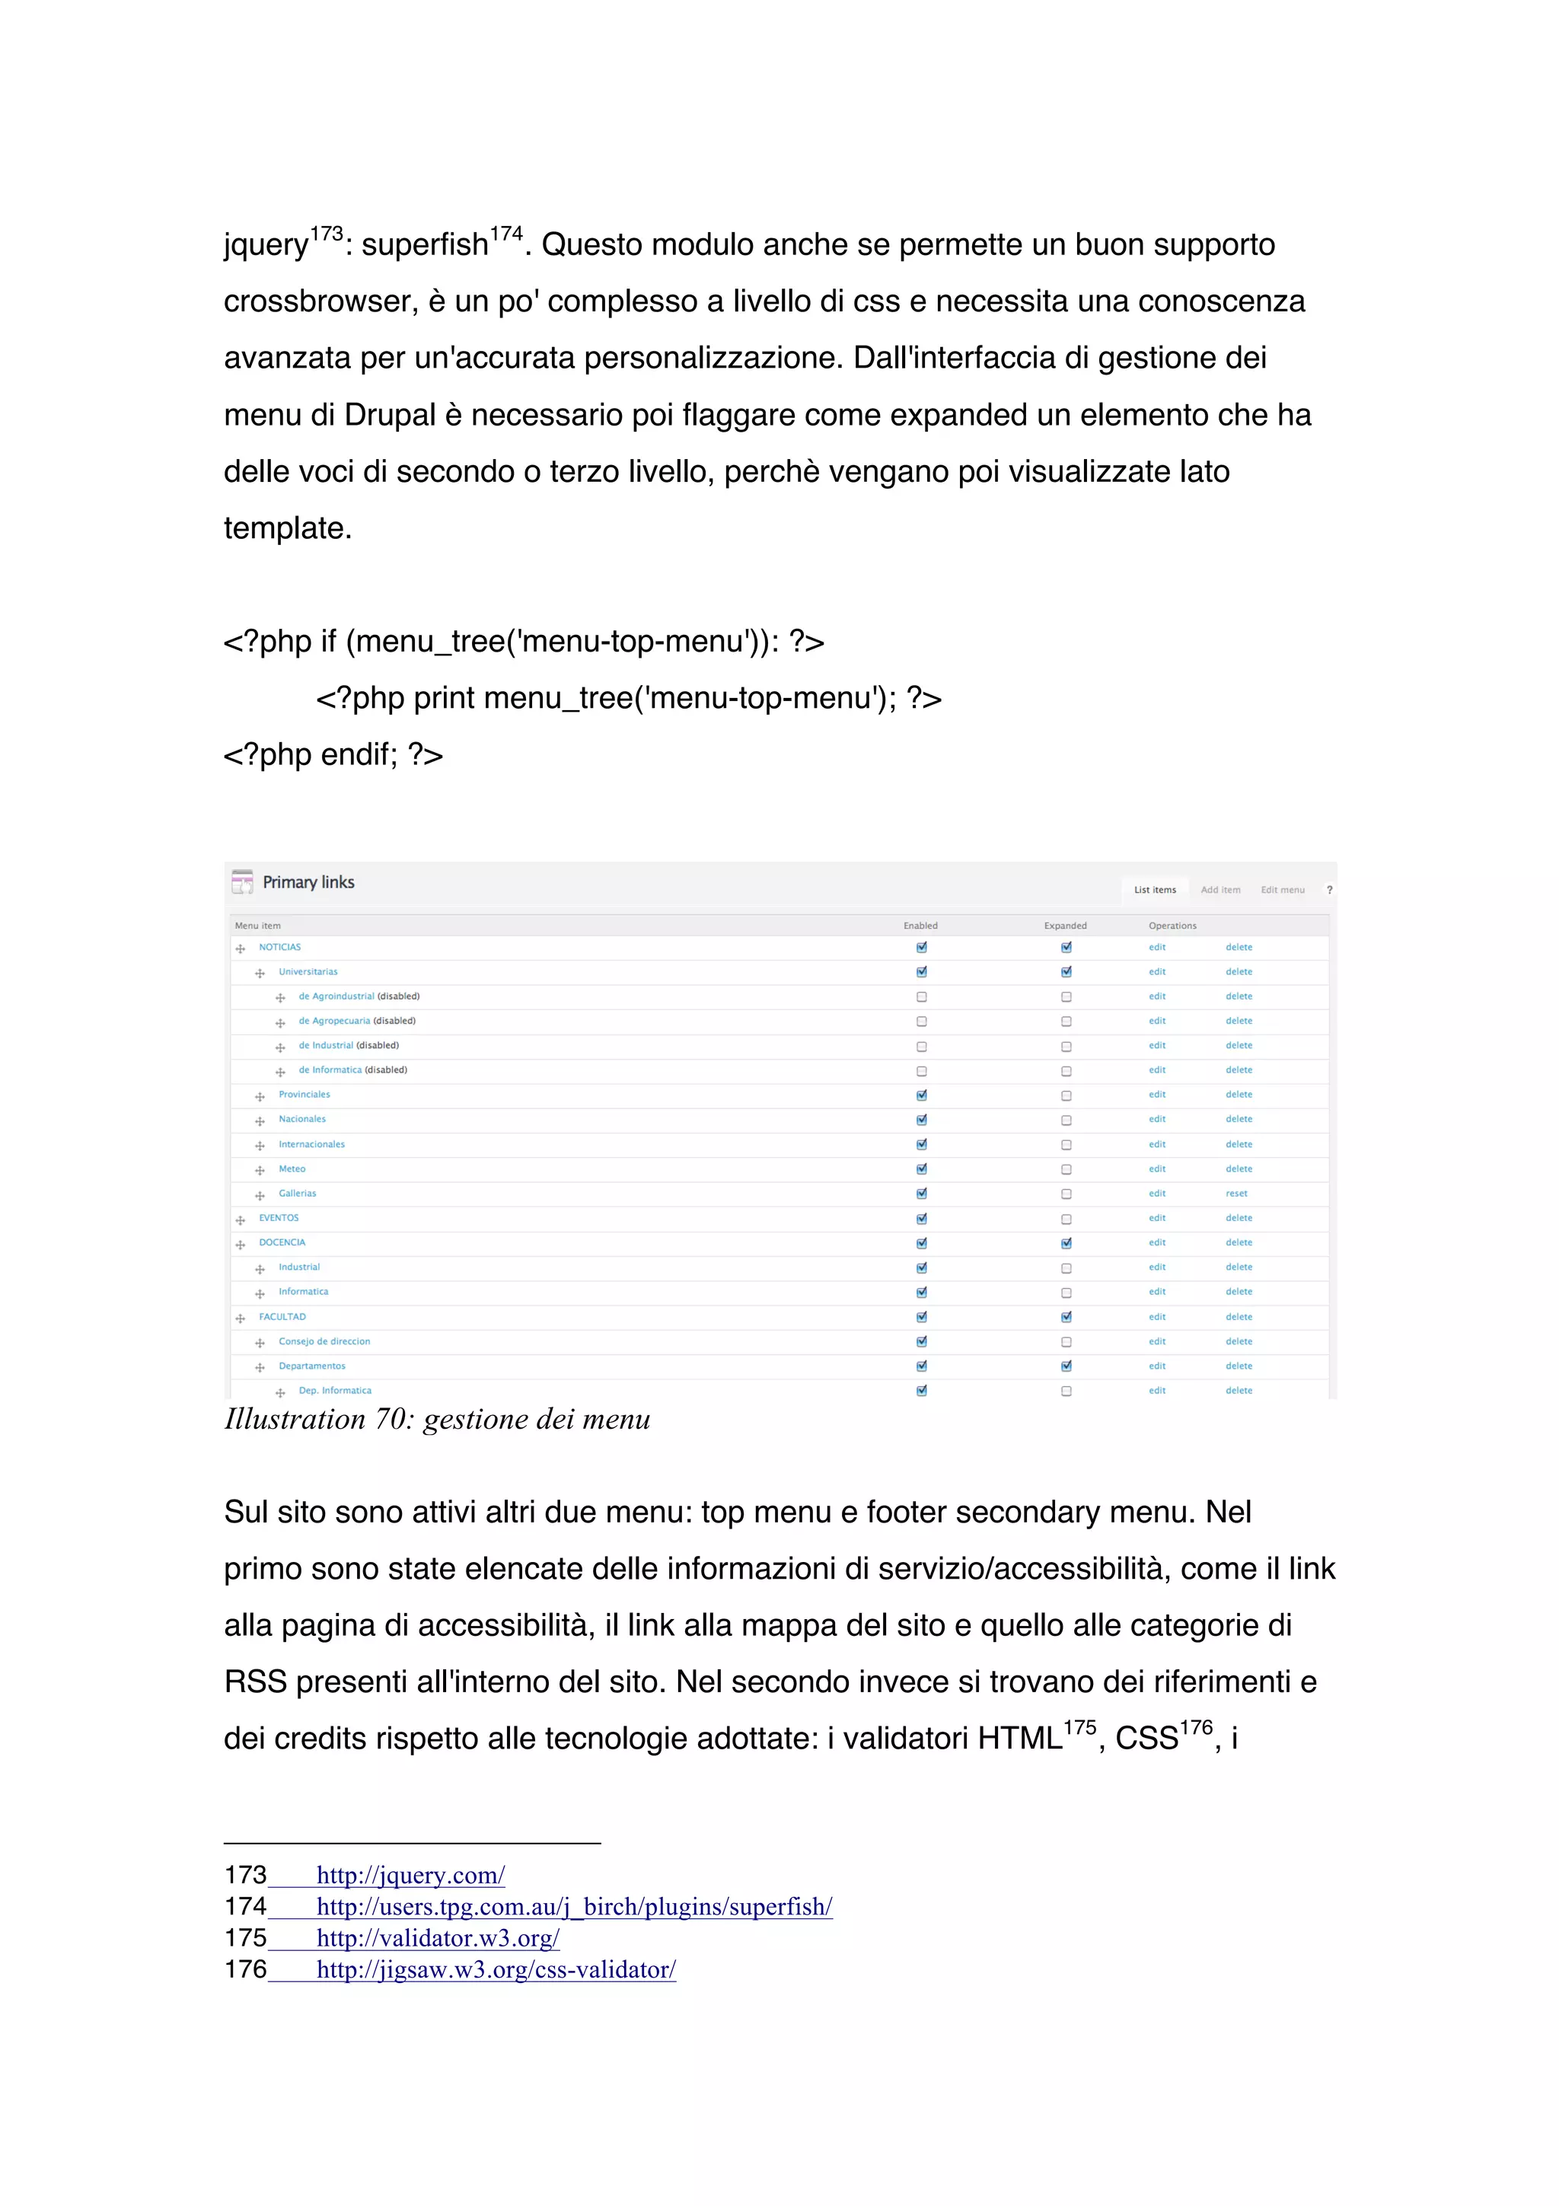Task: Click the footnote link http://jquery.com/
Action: (x=410, y=1875)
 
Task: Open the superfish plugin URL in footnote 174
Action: (x=573, y=1906)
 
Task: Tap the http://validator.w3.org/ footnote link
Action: (x=438, y=1938)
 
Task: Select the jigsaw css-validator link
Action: (x=496, y=1970)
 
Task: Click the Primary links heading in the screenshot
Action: (x=308, y=882)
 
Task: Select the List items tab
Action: (x=1155, y=890)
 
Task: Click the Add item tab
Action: (x=1220, y=890)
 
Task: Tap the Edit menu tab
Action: (x=1283, y=890)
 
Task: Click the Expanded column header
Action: (x=1065, y=925)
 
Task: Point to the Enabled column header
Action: (x=920, y=925)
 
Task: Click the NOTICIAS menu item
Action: (x=279, y=948)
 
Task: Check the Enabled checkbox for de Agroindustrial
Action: (x=921, y=997)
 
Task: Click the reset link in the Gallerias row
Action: (x=1236, y=1194)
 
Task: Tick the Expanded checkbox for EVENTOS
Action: (x=1066, y=1218)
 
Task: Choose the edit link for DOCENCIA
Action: (x=1156, y=1242)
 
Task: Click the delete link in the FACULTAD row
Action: (x=1239, y=1316)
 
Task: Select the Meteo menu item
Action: (x=292, y=1169)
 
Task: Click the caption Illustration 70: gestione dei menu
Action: (x=437, y=1419)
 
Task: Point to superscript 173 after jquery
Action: (x=326, y=234)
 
